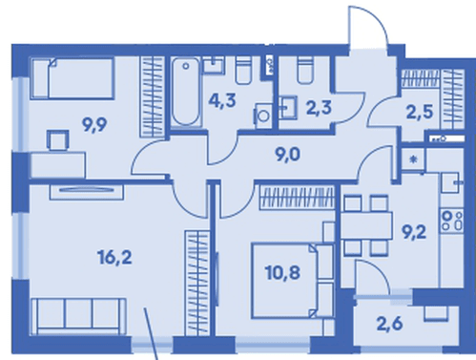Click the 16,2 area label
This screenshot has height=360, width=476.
tap(115, 258)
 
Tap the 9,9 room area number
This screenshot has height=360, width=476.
tap(94, 125)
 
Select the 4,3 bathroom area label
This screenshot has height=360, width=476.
tap(222, 101)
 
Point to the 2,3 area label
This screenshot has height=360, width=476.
tap(319, 108)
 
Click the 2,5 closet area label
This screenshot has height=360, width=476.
tap(420, 113)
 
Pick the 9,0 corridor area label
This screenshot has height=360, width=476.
tap(287, 156)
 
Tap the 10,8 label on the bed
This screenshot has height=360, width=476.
tap(282, 273)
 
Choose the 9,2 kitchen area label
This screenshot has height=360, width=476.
tap(413, 233)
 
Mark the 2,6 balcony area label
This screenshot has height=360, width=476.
tap(389, 324)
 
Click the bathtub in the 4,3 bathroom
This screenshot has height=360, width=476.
tap(186, 93)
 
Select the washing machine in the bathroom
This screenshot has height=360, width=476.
tap(263, 116)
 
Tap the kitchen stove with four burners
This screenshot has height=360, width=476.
tap(452, 220)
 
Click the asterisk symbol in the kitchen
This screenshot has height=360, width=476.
tap(413, 159)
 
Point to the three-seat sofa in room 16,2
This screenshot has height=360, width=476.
tap(79, 316)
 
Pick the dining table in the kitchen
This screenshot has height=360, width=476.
tap(366, 226)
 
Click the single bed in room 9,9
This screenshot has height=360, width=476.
tap(72, 78)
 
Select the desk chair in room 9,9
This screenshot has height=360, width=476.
tap(58, 139)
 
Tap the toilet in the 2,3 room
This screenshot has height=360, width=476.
tap(305, 71)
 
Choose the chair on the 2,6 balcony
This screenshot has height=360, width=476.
tap(436, 312)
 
